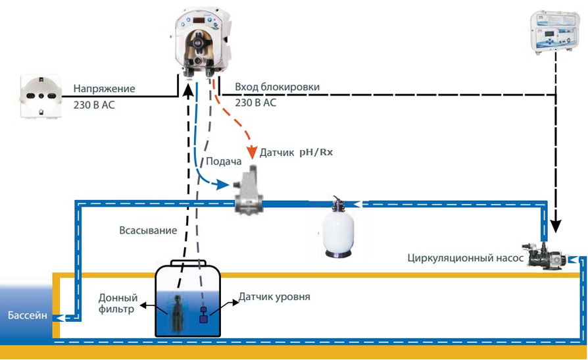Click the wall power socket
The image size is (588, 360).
41,96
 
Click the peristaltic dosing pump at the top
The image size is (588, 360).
202,42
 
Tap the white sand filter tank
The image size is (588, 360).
338,228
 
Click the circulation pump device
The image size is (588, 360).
546,256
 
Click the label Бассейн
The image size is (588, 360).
28,315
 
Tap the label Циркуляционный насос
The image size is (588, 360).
465,258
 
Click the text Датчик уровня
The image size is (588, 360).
274,297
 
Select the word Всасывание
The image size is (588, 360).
148,230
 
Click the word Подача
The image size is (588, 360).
224,161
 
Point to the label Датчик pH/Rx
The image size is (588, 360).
296,153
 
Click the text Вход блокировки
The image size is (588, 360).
277,87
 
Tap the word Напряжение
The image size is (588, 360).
104,89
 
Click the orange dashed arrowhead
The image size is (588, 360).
252,151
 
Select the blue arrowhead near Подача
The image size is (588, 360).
223,184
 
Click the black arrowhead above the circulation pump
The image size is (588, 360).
556,226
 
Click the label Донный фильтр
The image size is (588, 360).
118,303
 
